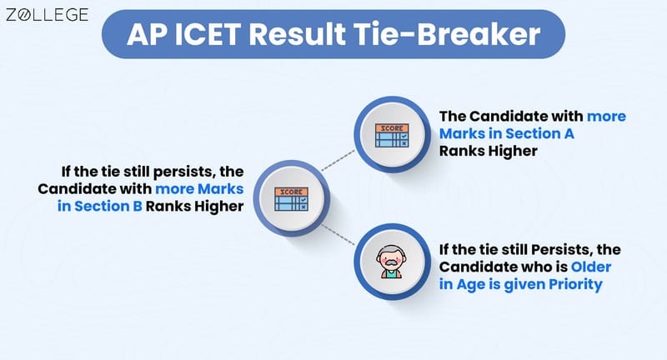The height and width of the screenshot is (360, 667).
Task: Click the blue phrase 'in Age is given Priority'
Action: [x=520, y=284]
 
